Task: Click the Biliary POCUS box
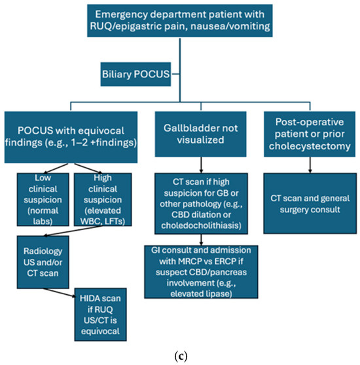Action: (135, 74)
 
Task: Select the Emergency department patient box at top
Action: (180, 20)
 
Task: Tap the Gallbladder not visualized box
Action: (201, 134)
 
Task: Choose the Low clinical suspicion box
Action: (43, 199)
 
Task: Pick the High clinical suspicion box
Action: (103, 199)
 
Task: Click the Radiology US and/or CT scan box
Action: (43, 262)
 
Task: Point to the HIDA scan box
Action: (100, 315)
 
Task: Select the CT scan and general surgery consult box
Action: (310, 203)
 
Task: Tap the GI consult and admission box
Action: (201, 272)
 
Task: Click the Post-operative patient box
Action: (310, 134)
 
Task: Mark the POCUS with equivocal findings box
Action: (71, 137)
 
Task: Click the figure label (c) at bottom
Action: (181, 356)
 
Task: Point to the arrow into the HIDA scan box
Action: (60, 293)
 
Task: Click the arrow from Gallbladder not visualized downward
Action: (201, 165)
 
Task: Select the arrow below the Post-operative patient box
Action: (310, 165)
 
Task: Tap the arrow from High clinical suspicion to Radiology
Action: (73, 231)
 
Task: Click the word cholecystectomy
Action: (310, 146)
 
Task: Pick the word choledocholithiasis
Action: (201, 225)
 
